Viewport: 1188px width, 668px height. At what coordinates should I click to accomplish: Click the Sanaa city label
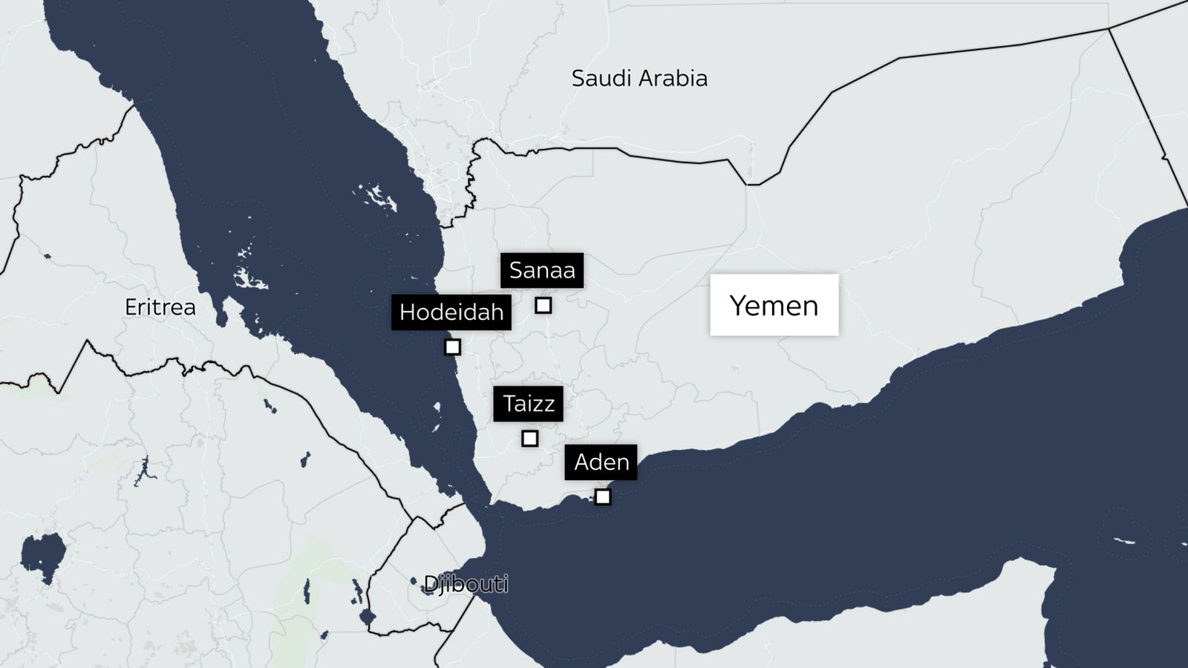coord(542,270)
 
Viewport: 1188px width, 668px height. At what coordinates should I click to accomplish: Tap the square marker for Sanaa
coord(544,305)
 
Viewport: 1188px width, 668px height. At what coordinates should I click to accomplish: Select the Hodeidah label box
coord(451,312)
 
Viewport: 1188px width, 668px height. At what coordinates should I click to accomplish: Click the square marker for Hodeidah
coord(452,347)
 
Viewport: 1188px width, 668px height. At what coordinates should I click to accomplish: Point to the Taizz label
coord(529,404)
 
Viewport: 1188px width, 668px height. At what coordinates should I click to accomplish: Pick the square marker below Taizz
coord(529,439)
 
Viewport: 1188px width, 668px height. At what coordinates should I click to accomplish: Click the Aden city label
coord(601,462)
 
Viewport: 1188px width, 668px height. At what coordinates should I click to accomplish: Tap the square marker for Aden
coord(603,497)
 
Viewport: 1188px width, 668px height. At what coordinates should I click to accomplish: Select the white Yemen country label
coord(774,305)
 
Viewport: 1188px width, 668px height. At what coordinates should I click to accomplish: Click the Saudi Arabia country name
coord(639,78)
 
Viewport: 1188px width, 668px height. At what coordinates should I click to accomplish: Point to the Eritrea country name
coord(160,307)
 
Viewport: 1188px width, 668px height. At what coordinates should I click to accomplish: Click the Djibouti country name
coord(466,584)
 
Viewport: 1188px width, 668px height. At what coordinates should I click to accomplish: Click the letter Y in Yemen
coord(737,305)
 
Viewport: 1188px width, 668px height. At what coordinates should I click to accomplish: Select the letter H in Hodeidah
coord(407,312)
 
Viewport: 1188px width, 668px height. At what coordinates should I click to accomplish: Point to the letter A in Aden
coord(582,462)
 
